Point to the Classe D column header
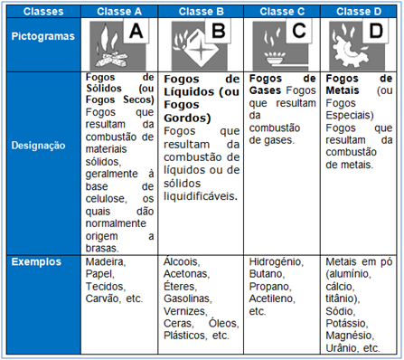tap(361, 12)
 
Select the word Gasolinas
tap(187, 298)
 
